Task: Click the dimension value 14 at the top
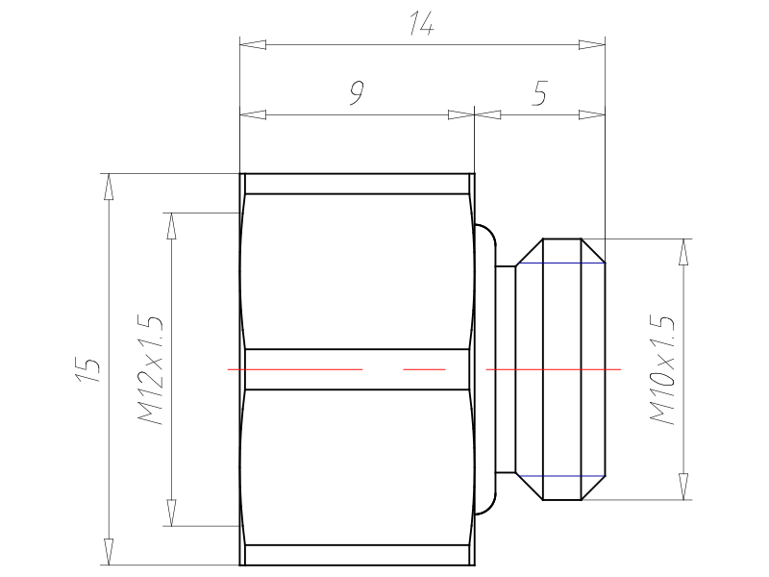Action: [x=422, y=24]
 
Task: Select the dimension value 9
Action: [x=357, y=93]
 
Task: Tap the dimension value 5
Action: [x=539, y=93]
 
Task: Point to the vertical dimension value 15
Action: [x=88, y=369]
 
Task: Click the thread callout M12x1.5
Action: [x=151, y=370]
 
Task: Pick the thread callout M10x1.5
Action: [x=662, y=369]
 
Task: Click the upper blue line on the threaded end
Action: [x=560, y=263]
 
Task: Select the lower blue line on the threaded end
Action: [x=560, y=475]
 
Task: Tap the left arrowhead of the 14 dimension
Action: [x=253, y=44]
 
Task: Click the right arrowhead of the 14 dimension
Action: [x=592, y=44]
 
